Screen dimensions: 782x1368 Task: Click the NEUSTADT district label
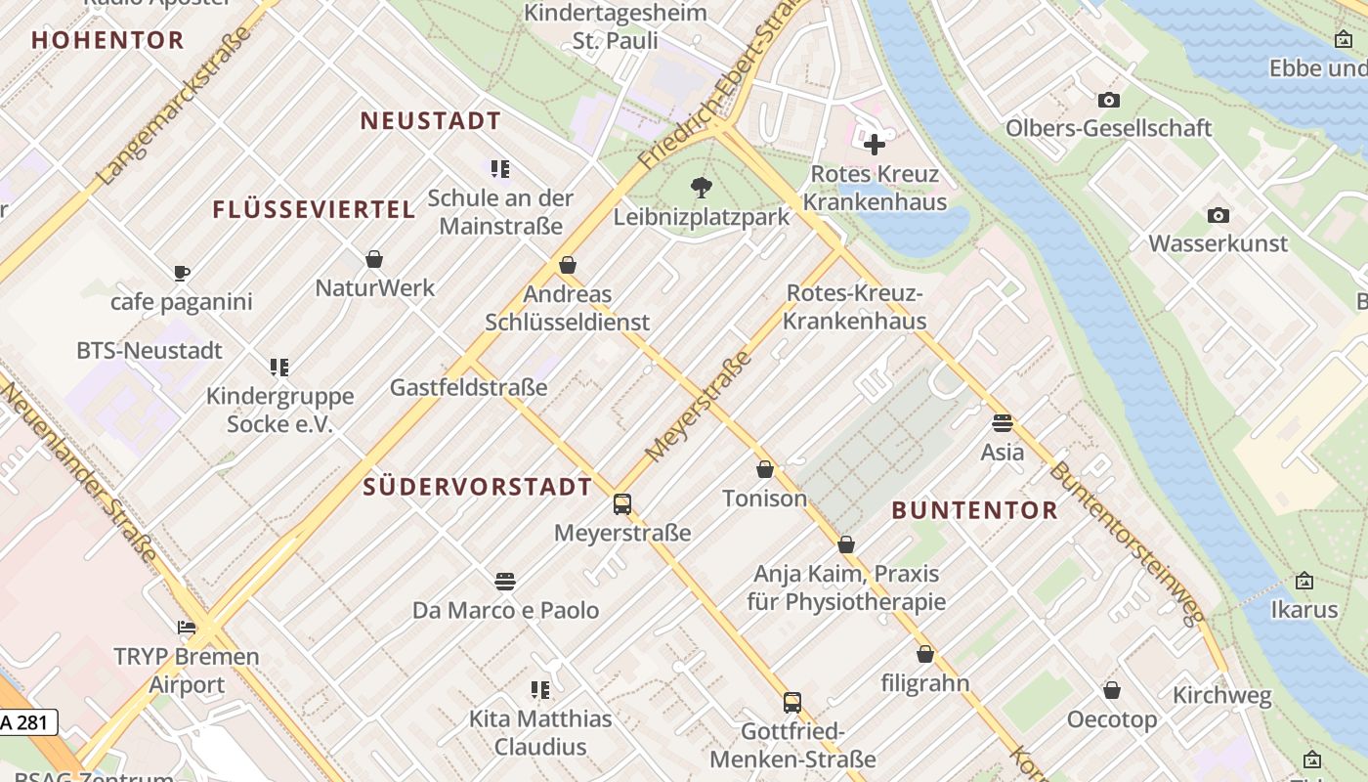coord(430,121)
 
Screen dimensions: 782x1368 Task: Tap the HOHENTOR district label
coord(107,40)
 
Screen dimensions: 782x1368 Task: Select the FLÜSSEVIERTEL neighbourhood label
coord(314,209)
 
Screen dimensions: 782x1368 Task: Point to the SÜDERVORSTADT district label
coord(478,487)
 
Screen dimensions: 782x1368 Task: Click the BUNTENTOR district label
coord(974,510)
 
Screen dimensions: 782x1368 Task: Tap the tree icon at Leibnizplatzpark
coord(701,187)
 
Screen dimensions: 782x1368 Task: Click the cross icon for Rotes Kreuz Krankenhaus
coord(875,145)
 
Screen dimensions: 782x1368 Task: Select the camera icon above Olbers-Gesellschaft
coord(1108,100)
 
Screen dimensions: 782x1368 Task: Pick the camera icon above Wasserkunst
coord(1218,215)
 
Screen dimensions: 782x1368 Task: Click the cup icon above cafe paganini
coord(181,273)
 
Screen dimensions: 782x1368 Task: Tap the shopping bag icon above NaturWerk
coord(374,259)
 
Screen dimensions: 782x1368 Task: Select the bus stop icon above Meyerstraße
coord(622,504)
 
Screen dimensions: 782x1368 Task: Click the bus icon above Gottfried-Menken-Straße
coord(792,703)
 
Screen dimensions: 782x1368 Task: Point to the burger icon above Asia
coord(1003,423)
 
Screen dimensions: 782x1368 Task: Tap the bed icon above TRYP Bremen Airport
coord(187,628)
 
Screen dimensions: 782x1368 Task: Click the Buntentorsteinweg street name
coord(1126,543)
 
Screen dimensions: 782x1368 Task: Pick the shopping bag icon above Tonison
coord(765,470)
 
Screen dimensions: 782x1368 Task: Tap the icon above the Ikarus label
coord(1304,582)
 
